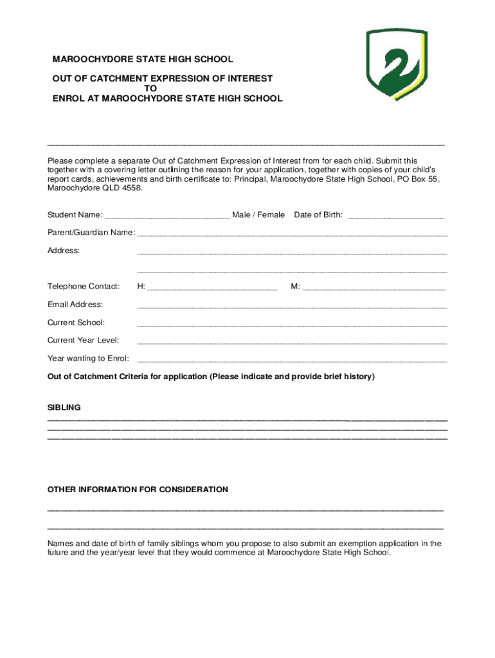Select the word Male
[242, 215]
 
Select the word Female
[271, 215]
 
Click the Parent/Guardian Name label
[91, 232]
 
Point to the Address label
[64, 250]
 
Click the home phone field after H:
[212, 287]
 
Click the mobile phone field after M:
[374, 287]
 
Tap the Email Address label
[75, 304]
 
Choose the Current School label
[76, 322]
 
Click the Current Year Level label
[83, 340]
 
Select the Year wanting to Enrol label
[88, 358]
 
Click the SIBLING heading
[64, 407]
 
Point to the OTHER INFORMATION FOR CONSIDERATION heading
[138, 490]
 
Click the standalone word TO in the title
[150, 89]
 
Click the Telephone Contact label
[84, 286]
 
